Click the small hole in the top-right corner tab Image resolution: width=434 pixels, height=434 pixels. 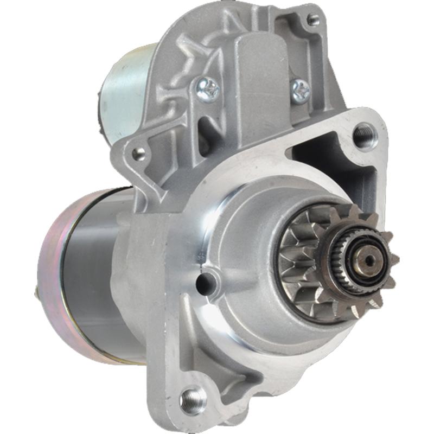(x=313, y=21)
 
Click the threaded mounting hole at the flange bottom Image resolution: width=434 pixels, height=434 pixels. (x=193, y=400)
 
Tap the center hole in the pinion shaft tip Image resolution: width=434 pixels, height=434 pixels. (x=369, y=260)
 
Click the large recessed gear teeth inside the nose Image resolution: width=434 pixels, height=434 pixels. (x=296, y=255)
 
